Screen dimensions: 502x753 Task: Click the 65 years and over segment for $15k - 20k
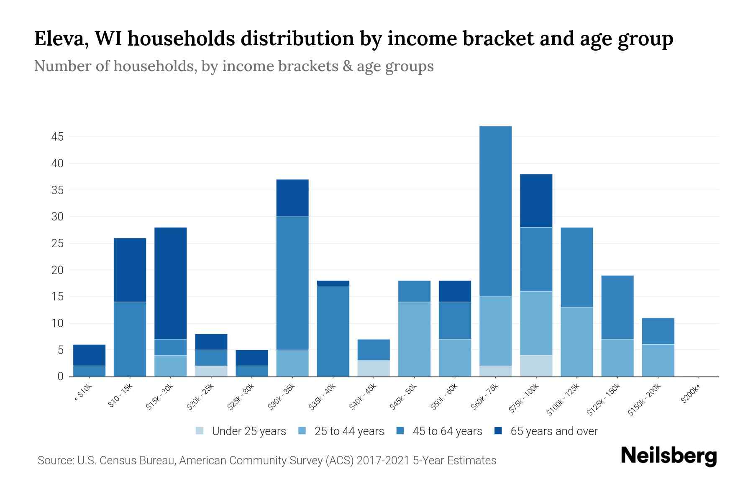click(170, 283)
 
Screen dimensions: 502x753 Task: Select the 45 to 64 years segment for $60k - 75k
click(495, 211)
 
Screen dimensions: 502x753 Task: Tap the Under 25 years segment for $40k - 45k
click(374, 368)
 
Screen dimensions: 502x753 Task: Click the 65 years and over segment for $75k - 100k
click(536, 201)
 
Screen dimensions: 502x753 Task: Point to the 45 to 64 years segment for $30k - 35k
click(292, 283)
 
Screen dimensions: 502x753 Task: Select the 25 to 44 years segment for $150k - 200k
click(658, 360)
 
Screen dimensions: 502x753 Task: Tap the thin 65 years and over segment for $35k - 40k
click(333, 283)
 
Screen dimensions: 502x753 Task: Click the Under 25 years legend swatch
click(200, 431)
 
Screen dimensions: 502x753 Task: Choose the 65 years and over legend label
click(554, 431)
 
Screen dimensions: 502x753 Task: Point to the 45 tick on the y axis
click(57, 137)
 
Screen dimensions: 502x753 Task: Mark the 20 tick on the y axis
click(57, 270)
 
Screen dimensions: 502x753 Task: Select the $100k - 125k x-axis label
click(563, 400)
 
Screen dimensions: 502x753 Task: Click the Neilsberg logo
click(668, 456)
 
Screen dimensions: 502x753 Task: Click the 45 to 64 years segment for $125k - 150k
click(617, 307)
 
